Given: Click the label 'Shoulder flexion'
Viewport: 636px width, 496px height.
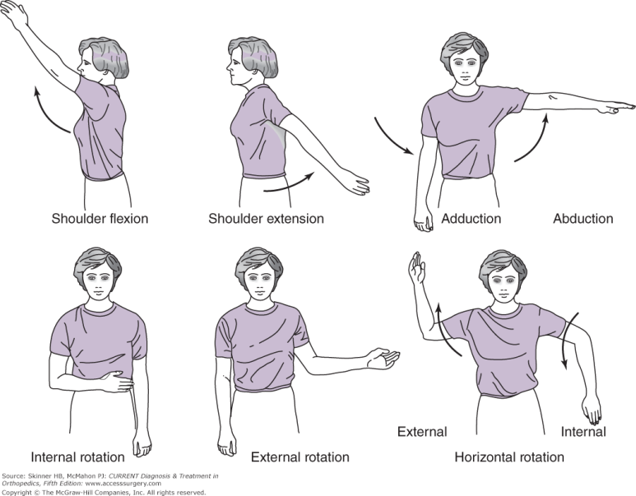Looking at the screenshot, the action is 100,219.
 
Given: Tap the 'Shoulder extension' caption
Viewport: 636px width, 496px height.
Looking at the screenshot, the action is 266,219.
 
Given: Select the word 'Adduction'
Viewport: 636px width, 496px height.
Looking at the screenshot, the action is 471,219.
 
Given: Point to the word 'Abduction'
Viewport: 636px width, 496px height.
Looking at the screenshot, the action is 583,219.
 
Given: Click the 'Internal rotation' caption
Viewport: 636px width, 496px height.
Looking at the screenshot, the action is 78,457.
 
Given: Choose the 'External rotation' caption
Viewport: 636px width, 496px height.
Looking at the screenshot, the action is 300,457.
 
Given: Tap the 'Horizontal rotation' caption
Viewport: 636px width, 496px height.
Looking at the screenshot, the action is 509,457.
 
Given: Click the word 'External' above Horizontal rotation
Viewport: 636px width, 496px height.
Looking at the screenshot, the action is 422,432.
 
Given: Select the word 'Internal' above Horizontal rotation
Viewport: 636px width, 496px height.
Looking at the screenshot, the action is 583,432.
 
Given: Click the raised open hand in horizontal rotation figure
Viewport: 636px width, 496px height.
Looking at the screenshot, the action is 416,267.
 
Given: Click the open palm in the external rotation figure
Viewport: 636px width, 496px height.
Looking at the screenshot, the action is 383,358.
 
